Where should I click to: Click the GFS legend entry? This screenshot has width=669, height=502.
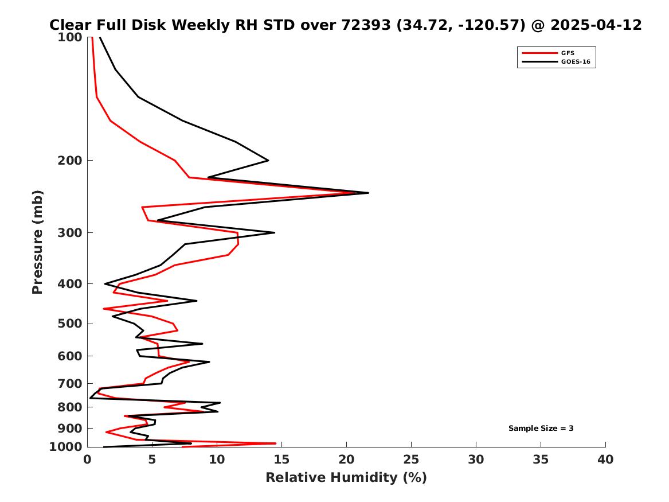[568, 53]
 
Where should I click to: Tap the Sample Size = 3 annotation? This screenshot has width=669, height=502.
[541, 428]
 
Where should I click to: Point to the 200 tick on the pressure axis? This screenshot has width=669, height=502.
[72, 160]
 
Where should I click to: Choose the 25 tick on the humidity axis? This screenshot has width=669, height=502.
[411, 460]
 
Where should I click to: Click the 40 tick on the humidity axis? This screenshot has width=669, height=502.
[605, 460]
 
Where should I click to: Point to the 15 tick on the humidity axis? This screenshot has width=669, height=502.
[281, 460]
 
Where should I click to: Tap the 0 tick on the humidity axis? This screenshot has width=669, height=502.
[87, 460]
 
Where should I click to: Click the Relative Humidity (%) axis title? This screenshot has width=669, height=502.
[346, 478]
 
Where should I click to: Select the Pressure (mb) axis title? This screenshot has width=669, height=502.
[38, 242]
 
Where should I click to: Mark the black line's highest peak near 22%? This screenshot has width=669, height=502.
[368, 193]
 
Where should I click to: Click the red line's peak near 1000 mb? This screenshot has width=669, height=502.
[276, 443]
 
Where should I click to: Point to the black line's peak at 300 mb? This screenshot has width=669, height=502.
[275, 232]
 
